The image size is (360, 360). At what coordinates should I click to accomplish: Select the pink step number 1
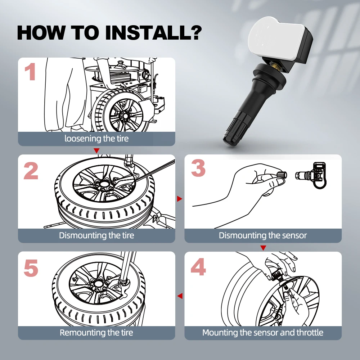30,72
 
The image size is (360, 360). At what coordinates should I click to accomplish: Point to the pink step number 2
31,171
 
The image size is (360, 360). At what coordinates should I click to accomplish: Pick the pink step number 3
198,168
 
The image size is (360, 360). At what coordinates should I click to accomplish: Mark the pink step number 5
31,268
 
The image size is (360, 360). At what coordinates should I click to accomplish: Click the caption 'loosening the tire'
96,139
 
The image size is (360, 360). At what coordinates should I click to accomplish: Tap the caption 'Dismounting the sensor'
263,235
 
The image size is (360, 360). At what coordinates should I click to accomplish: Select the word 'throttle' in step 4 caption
310,332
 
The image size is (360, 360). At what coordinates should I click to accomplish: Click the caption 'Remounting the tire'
96,333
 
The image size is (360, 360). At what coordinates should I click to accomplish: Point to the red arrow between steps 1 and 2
96,150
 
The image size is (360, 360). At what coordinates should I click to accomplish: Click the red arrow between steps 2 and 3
180,199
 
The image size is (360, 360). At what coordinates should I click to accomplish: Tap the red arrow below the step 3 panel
263,248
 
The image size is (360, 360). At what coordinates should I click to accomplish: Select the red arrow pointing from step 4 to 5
180,296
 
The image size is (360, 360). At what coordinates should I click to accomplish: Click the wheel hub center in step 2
104,184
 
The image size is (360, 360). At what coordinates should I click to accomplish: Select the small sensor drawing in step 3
311,175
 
